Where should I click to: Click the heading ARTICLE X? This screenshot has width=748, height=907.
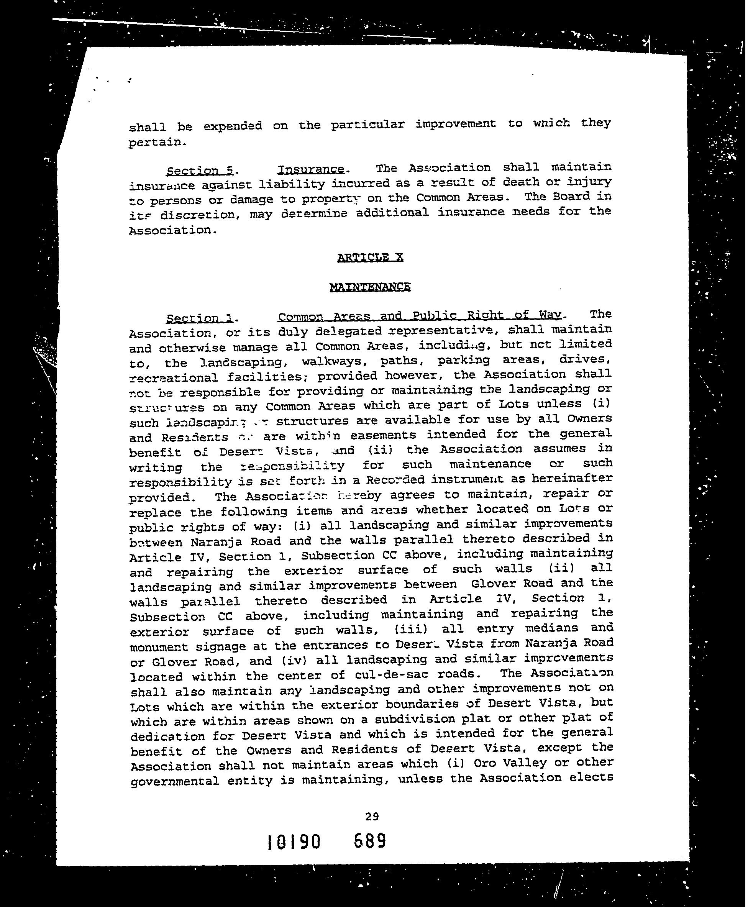pos(370,257)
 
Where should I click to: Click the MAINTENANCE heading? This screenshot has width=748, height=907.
pos(370,287)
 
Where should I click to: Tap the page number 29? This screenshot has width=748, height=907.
pos(372,816)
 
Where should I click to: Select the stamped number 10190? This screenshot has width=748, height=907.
pos(294,841)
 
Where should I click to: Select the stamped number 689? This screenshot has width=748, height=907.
pos(370,841)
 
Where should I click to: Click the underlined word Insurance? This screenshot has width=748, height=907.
pos(311,169)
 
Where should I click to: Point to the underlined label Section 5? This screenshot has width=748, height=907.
pos(200,171)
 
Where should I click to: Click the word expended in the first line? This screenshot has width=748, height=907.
pos(232,126)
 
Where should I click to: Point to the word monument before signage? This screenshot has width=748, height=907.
pos(159,647)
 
